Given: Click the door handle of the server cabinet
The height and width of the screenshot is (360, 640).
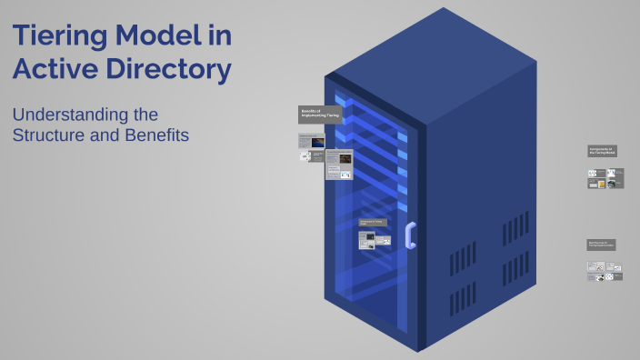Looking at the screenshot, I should click(411, 235).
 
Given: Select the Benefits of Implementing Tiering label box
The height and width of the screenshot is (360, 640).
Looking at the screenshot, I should click(320, 114).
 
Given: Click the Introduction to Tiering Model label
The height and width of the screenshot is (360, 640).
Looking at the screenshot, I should click(373, 222).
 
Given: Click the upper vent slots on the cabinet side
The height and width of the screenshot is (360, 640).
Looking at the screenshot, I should click(515, 230).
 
